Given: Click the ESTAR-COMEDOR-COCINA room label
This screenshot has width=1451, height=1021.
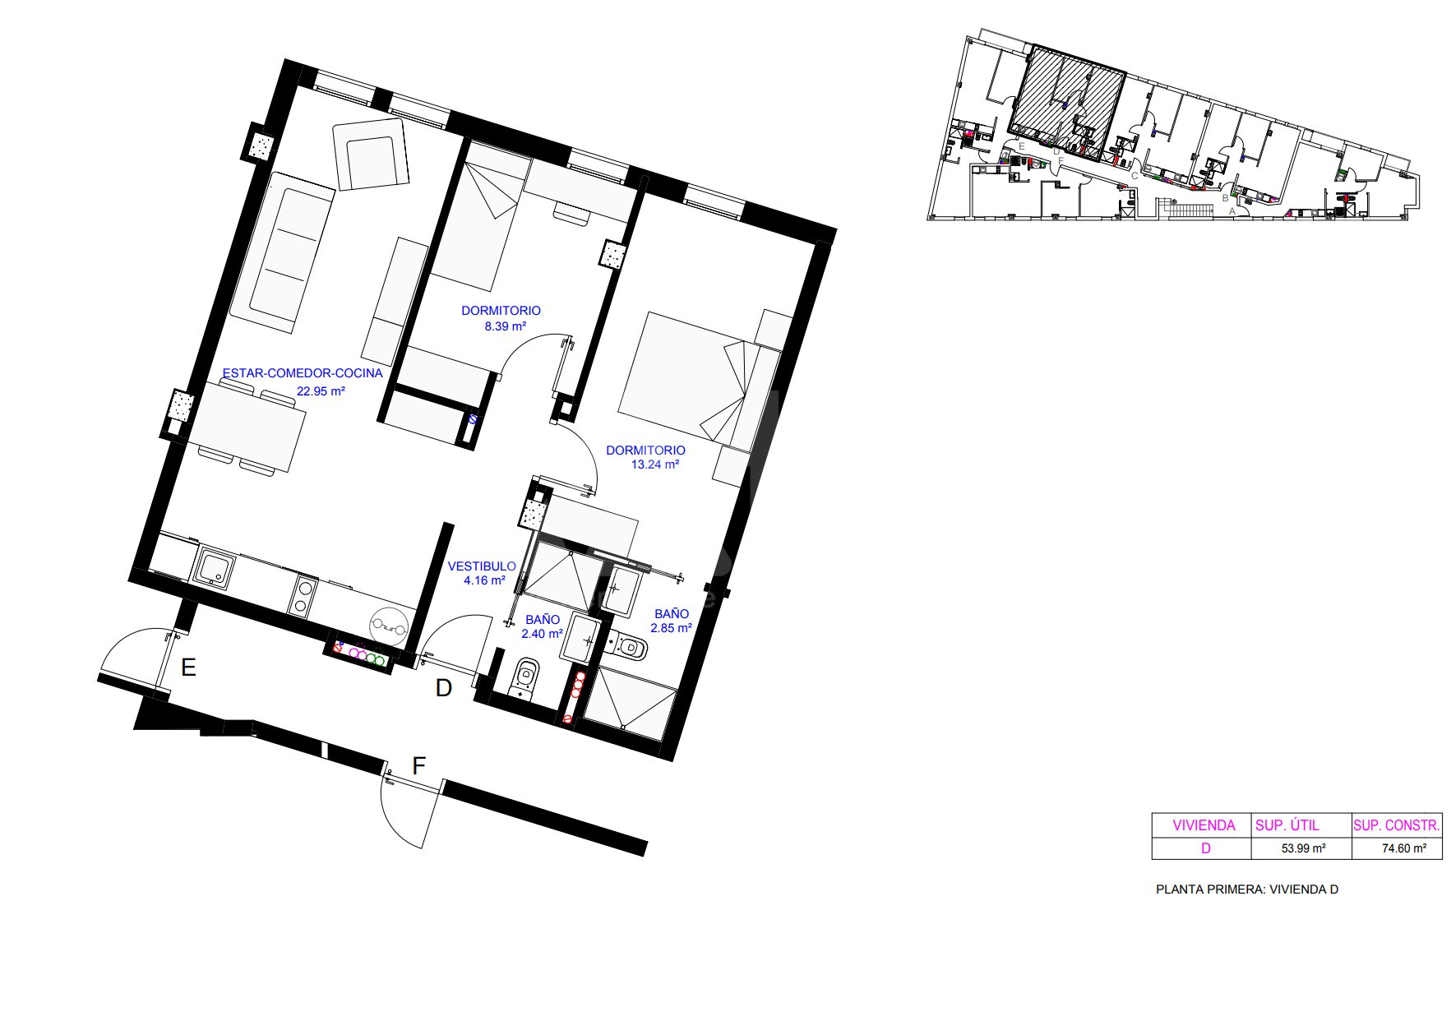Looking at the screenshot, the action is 303,373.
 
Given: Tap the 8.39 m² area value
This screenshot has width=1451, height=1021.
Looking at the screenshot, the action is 505,326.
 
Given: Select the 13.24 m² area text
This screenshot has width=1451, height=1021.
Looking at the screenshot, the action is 654,464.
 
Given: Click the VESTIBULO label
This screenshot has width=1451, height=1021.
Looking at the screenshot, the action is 482,566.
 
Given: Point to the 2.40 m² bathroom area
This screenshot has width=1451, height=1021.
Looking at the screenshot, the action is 542,634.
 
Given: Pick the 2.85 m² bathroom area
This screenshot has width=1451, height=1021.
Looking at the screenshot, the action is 672,628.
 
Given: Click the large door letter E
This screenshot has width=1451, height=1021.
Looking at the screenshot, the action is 188,668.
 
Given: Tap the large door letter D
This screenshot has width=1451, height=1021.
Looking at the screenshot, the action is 444,688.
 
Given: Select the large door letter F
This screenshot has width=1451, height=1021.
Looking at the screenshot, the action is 418,766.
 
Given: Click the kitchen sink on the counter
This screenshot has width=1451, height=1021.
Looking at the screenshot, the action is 215,568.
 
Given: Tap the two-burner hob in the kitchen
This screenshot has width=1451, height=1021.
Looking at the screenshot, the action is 302,596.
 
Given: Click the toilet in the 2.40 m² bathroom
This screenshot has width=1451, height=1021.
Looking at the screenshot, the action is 524,679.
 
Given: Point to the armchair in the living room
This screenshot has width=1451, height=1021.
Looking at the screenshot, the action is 371,155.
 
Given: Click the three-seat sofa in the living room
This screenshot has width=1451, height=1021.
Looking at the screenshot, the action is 281,252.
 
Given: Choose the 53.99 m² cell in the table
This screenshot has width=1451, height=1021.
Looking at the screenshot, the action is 1303,848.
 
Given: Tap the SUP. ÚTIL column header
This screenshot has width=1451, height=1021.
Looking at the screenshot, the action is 1287,825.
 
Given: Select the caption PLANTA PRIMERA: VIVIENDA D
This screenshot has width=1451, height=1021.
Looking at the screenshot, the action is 1247,889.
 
